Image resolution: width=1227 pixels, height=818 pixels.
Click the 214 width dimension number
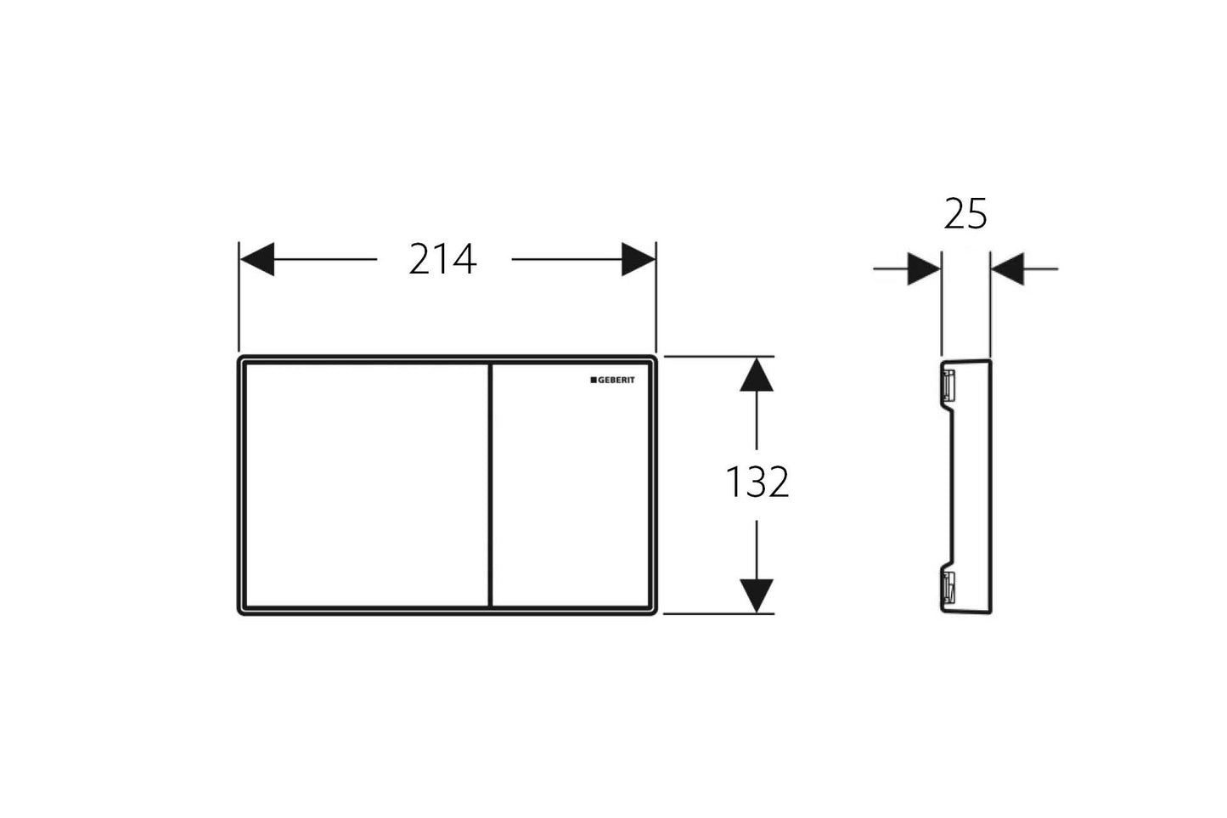[x=442, y=259]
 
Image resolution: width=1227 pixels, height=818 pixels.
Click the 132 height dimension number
[x=757, y=482]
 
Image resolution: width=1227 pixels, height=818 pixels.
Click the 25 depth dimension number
[x=965, y=216]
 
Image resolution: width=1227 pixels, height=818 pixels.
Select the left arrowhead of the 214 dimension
[x=258, y=259]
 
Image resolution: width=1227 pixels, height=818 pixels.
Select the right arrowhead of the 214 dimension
[x=638, y=259]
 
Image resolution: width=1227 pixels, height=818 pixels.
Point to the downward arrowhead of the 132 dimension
[x=756, y=594]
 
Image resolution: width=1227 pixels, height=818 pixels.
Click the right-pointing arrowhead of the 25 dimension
[x=924, y=268]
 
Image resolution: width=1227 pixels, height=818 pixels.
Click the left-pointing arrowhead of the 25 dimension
[x=1007, y=268]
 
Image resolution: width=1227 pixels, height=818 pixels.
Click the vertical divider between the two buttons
[x=490, y=484]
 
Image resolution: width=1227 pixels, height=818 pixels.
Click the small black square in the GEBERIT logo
[x=594, y=381]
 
